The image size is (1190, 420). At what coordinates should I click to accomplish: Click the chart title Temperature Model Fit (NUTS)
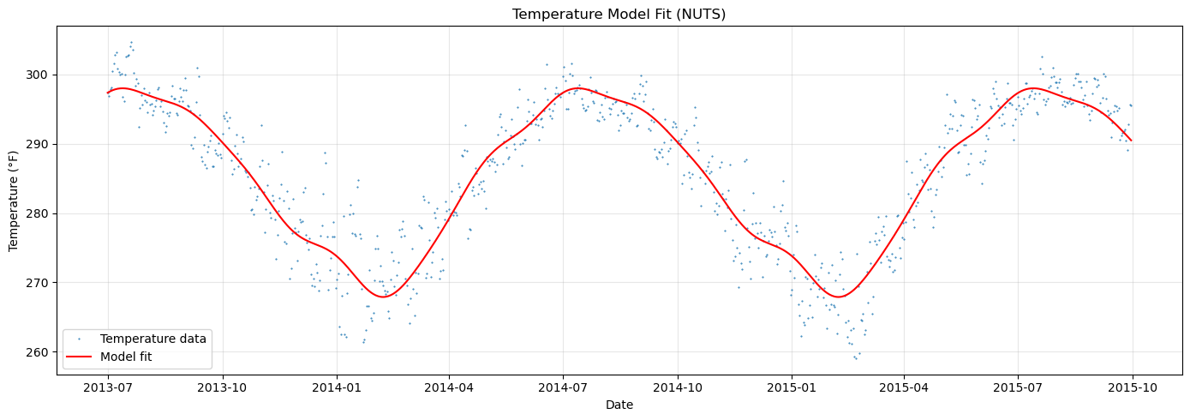[619, 14]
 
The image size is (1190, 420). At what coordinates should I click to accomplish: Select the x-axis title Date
[619, 405]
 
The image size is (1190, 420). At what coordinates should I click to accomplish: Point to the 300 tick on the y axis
[39, 75]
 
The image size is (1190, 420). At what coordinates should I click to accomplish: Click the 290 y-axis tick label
[39, 145]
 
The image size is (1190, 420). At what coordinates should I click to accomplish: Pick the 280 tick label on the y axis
[39, 213]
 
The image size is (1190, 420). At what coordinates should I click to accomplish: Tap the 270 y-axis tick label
[39, 283]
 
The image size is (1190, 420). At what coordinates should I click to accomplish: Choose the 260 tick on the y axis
[39, 352]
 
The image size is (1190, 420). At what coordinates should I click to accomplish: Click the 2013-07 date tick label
[108, 387]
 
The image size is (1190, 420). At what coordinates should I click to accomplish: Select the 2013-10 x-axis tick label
[223, 387]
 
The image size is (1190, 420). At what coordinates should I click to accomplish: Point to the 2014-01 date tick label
[337, 387]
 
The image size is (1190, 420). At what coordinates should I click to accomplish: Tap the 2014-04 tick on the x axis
[449, 387]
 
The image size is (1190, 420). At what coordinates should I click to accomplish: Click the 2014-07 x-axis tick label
[563, 387]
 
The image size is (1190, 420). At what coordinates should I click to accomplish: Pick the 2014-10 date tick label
[677, 387]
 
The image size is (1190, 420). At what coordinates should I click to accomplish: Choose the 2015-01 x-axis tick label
[792, 387]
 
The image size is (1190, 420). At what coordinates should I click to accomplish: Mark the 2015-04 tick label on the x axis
[904, 387]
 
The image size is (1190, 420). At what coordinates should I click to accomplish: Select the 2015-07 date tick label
[1018, 387]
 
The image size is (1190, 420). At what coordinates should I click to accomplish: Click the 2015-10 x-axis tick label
[1132, 387]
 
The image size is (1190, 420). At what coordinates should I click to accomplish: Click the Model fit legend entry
[126, 357]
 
